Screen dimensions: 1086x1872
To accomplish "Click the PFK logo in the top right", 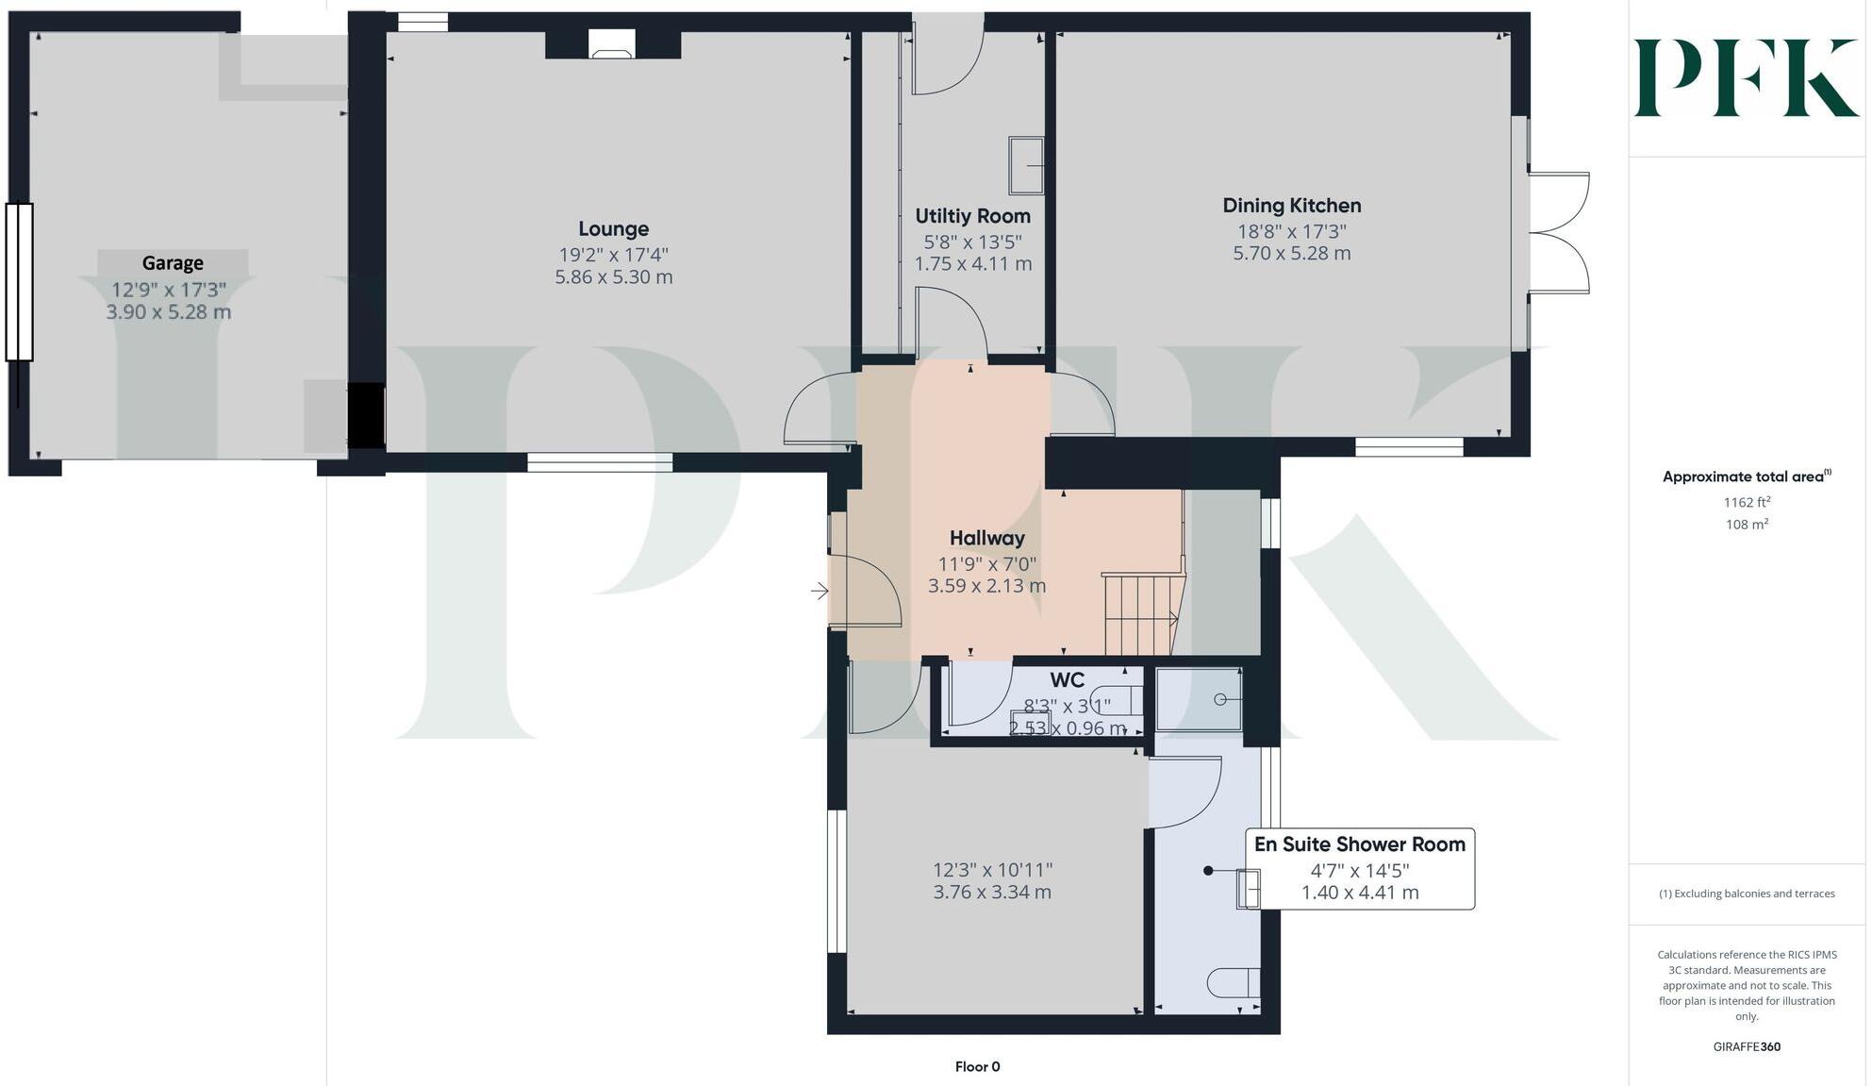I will point(1746,77).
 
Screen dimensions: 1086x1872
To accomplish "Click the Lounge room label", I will point(613,229).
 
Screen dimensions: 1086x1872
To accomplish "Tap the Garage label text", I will point(173,263).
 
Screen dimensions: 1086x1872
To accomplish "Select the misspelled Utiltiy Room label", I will point(972,216).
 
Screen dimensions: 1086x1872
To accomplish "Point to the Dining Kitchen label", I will point(1291,206).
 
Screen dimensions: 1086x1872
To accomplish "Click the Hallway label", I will point(986,539).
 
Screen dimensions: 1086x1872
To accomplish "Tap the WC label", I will point(1067,680).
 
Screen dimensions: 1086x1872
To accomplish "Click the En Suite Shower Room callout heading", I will point(1359,844).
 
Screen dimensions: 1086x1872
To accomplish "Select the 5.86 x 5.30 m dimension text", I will point(613,277).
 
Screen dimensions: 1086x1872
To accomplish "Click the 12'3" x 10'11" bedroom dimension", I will point(992,870).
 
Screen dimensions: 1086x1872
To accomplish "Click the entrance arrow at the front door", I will point(820,592).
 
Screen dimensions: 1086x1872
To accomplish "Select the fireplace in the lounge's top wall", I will point(613,44).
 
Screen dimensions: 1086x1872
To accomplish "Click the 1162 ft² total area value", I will point(1747,502).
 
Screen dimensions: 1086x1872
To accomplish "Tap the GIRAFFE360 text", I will point(1747,1046).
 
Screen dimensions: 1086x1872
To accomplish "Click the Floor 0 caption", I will point(977,1067).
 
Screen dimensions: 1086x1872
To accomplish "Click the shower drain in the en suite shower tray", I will point(1219,699).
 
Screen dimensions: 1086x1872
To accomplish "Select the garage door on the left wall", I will point(19,282).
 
